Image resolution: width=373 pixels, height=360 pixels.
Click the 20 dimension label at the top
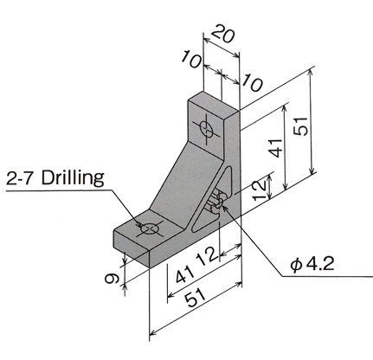223,34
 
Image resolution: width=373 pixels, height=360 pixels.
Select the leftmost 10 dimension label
191,59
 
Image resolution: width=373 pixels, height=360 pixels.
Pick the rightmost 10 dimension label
252,82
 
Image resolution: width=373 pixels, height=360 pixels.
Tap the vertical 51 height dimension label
300,126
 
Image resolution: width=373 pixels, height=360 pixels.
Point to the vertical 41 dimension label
276,148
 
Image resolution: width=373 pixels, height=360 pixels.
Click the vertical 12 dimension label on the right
260,190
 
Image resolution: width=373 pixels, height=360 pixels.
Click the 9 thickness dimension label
112,279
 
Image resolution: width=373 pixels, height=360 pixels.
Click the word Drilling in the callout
73,178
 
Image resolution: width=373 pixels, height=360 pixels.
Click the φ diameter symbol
296,265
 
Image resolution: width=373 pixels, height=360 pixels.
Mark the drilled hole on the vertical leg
207,129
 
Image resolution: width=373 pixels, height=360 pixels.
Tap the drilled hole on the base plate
150,228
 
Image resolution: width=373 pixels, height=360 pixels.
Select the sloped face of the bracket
179,184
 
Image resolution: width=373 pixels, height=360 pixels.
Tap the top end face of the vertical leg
214,101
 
